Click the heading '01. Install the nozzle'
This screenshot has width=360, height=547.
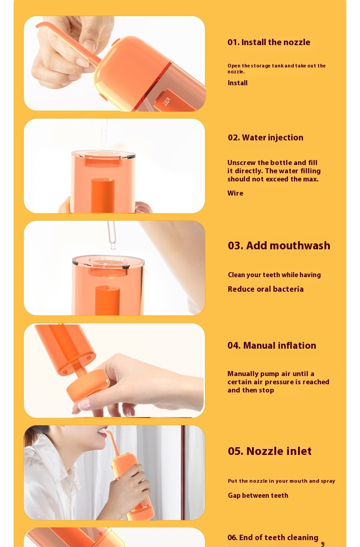[x=269, y=42]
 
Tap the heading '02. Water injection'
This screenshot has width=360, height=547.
[x=266, y=138]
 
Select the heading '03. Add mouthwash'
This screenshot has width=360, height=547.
[x=279, y=245]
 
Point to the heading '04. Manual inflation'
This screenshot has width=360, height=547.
[x=272, y=346]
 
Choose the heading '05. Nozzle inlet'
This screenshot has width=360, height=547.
[x=270, y=451]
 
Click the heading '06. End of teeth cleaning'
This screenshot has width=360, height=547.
[x=273, y=537]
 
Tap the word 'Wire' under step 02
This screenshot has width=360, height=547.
[x=235, y=193]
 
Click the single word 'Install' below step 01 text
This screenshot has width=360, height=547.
[x=237, y=83]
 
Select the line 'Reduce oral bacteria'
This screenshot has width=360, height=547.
[x=266, y=289]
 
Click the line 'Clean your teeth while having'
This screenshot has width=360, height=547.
[x=274, y=275]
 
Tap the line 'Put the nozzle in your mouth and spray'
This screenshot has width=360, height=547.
[x=282, y=481]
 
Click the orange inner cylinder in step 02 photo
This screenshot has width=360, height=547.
[x=103, y=196]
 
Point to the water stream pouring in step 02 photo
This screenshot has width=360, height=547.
[x=104, y=134]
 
